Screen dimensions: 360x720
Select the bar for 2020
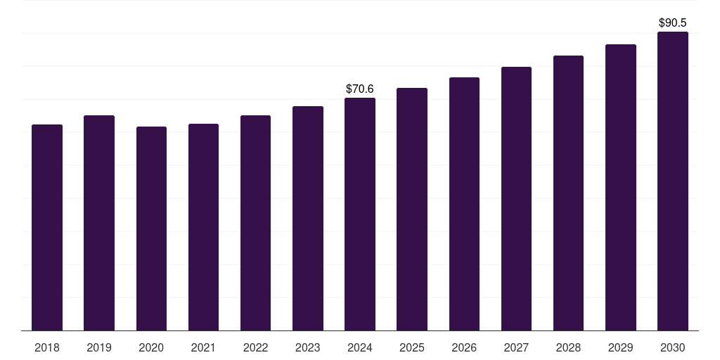pos(151,229)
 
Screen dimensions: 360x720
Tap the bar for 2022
pos(255,223)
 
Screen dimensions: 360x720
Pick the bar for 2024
pos(360,214)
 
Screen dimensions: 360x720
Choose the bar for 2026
pos(464,204)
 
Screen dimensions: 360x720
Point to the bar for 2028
pos(568,193)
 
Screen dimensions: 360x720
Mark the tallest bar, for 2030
pos(672,181)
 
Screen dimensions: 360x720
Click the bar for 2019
pos(99,223)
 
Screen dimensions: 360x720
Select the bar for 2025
pos(412,209)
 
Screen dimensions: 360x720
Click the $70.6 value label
pos(360,89)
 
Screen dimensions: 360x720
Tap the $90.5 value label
pos(672,23)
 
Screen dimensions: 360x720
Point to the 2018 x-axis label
pos(47,347)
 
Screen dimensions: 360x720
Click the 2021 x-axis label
pos(203,347)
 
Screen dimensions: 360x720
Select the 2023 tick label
pos(307,347)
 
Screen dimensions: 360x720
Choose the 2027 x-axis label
pos(516,347)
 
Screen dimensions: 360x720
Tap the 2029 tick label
pos(620,347)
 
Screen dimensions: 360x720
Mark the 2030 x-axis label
pos(672,347)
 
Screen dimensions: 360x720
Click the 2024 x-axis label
pos(360,347)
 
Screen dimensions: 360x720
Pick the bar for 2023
pos(307,218)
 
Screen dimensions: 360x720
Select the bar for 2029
pos(620,187)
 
